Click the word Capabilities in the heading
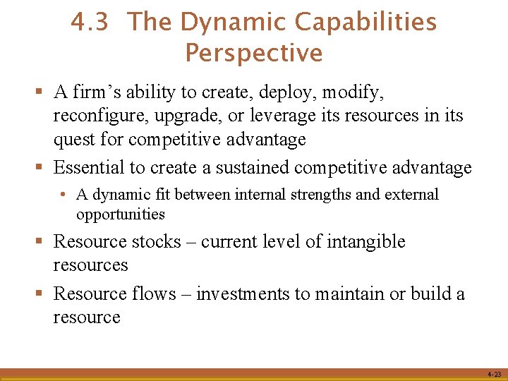point(365,23)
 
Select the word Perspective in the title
point(254,53)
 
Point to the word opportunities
point(121,214)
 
